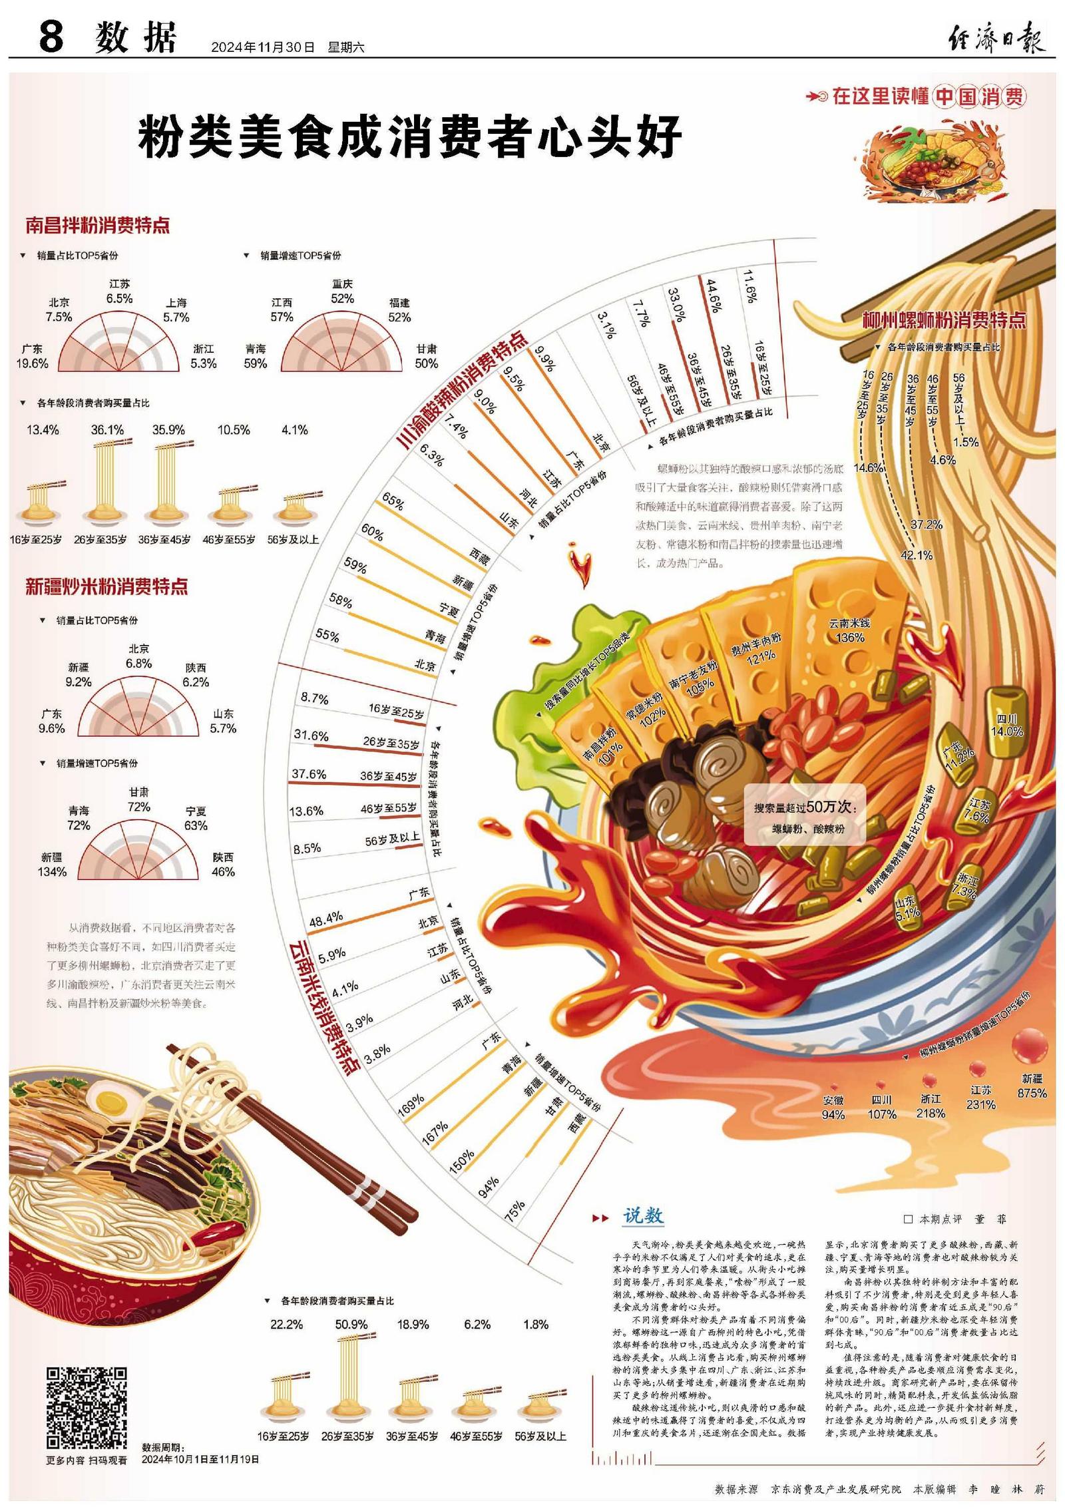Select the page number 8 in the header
(x=51, y=37)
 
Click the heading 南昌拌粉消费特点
(x=97, y=225)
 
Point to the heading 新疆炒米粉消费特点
(x=106, y=586)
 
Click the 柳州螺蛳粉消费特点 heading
(x=944, y=320)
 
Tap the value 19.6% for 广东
(x=33, y=363)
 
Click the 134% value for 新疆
(x=52, y=871)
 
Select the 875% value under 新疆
(x=1032, y=1092)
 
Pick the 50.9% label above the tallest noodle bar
(x=351, y=1325)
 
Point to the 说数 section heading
(x=643, y=1216)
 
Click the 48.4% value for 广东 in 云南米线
(x=326, y=918)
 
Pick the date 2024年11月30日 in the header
(x=262, y=47)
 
